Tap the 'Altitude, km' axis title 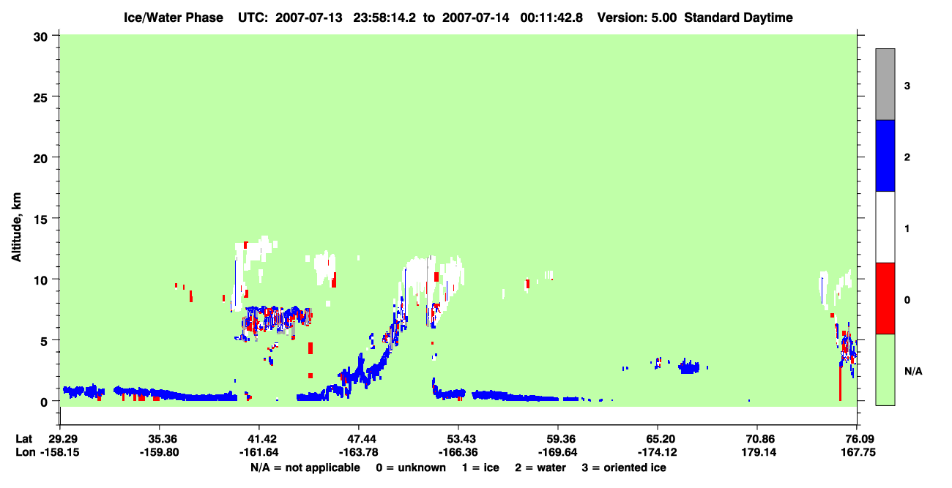(16, 227)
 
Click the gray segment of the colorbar (885, 84)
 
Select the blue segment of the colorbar (885, 155)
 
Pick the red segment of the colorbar (885, 299)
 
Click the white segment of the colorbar (885, 227)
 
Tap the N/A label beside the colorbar (913, 372)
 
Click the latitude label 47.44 (359, 439)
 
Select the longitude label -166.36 (458, 452)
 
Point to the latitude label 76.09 (857, 439)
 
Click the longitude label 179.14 (759, 452)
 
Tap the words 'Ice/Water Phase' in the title (174, 18)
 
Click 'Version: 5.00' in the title (636, 18)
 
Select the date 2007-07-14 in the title (475, 18)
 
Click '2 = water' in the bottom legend (540, 468)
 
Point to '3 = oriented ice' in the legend (624, 468)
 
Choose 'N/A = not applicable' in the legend (305, 468)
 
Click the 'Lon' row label (26, 452)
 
